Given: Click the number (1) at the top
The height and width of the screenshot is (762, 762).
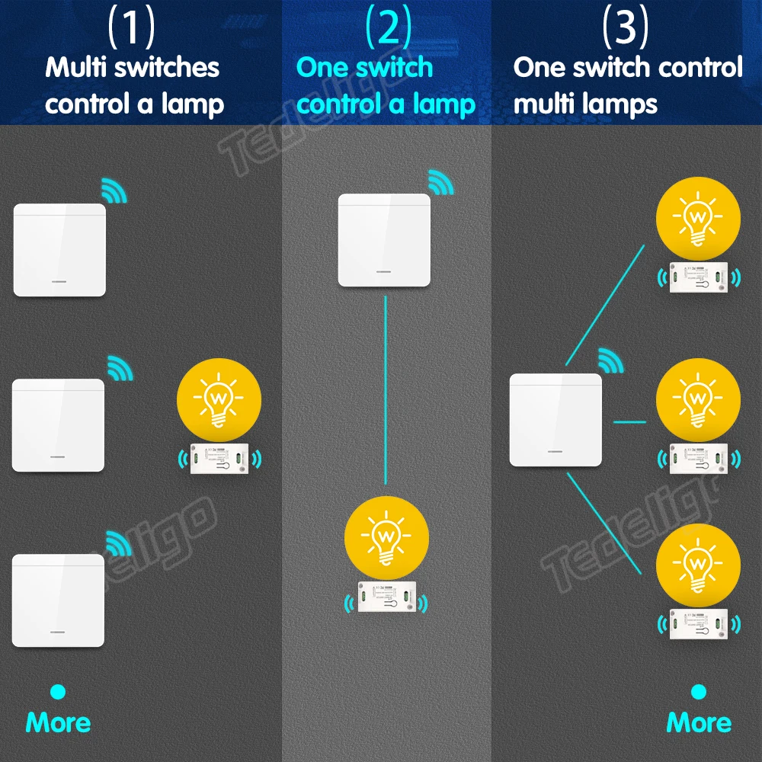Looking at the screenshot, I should (131, 27).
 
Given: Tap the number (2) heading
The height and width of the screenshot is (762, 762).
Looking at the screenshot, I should (388, 27).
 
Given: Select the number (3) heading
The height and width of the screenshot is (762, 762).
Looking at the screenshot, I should (625, 27).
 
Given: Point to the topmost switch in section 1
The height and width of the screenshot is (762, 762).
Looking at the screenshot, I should (59, 250).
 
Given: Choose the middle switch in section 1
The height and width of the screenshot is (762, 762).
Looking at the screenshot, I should (59, 425).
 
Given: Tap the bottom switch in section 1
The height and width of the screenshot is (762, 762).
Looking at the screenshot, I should (59, 600).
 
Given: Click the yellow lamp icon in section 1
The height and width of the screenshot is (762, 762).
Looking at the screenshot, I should (219, 399).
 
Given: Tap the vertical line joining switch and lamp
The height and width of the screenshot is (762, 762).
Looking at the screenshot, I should (386, 389).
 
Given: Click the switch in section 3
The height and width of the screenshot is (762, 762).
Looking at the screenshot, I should (555, 420).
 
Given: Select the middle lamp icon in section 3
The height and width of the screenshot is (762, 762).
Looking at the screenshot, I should (698, 399).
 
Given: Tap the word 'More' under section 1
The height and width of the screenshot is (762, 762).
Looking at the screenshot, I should (58, 722).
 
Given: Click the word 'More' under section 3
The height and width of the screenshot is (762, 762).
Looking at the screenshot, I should (698, 722).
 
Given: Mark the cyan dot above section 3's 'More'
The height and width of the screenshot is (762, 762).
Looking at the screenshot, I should (698, 691).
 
